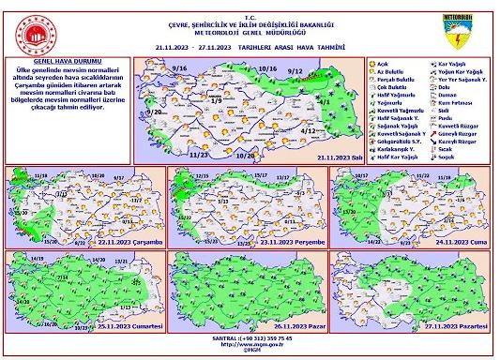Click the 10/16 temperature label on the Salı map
pos(266,69)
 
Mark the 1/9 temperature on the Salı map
pos(215,100)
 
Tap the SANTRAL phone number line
pos(250,337)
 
